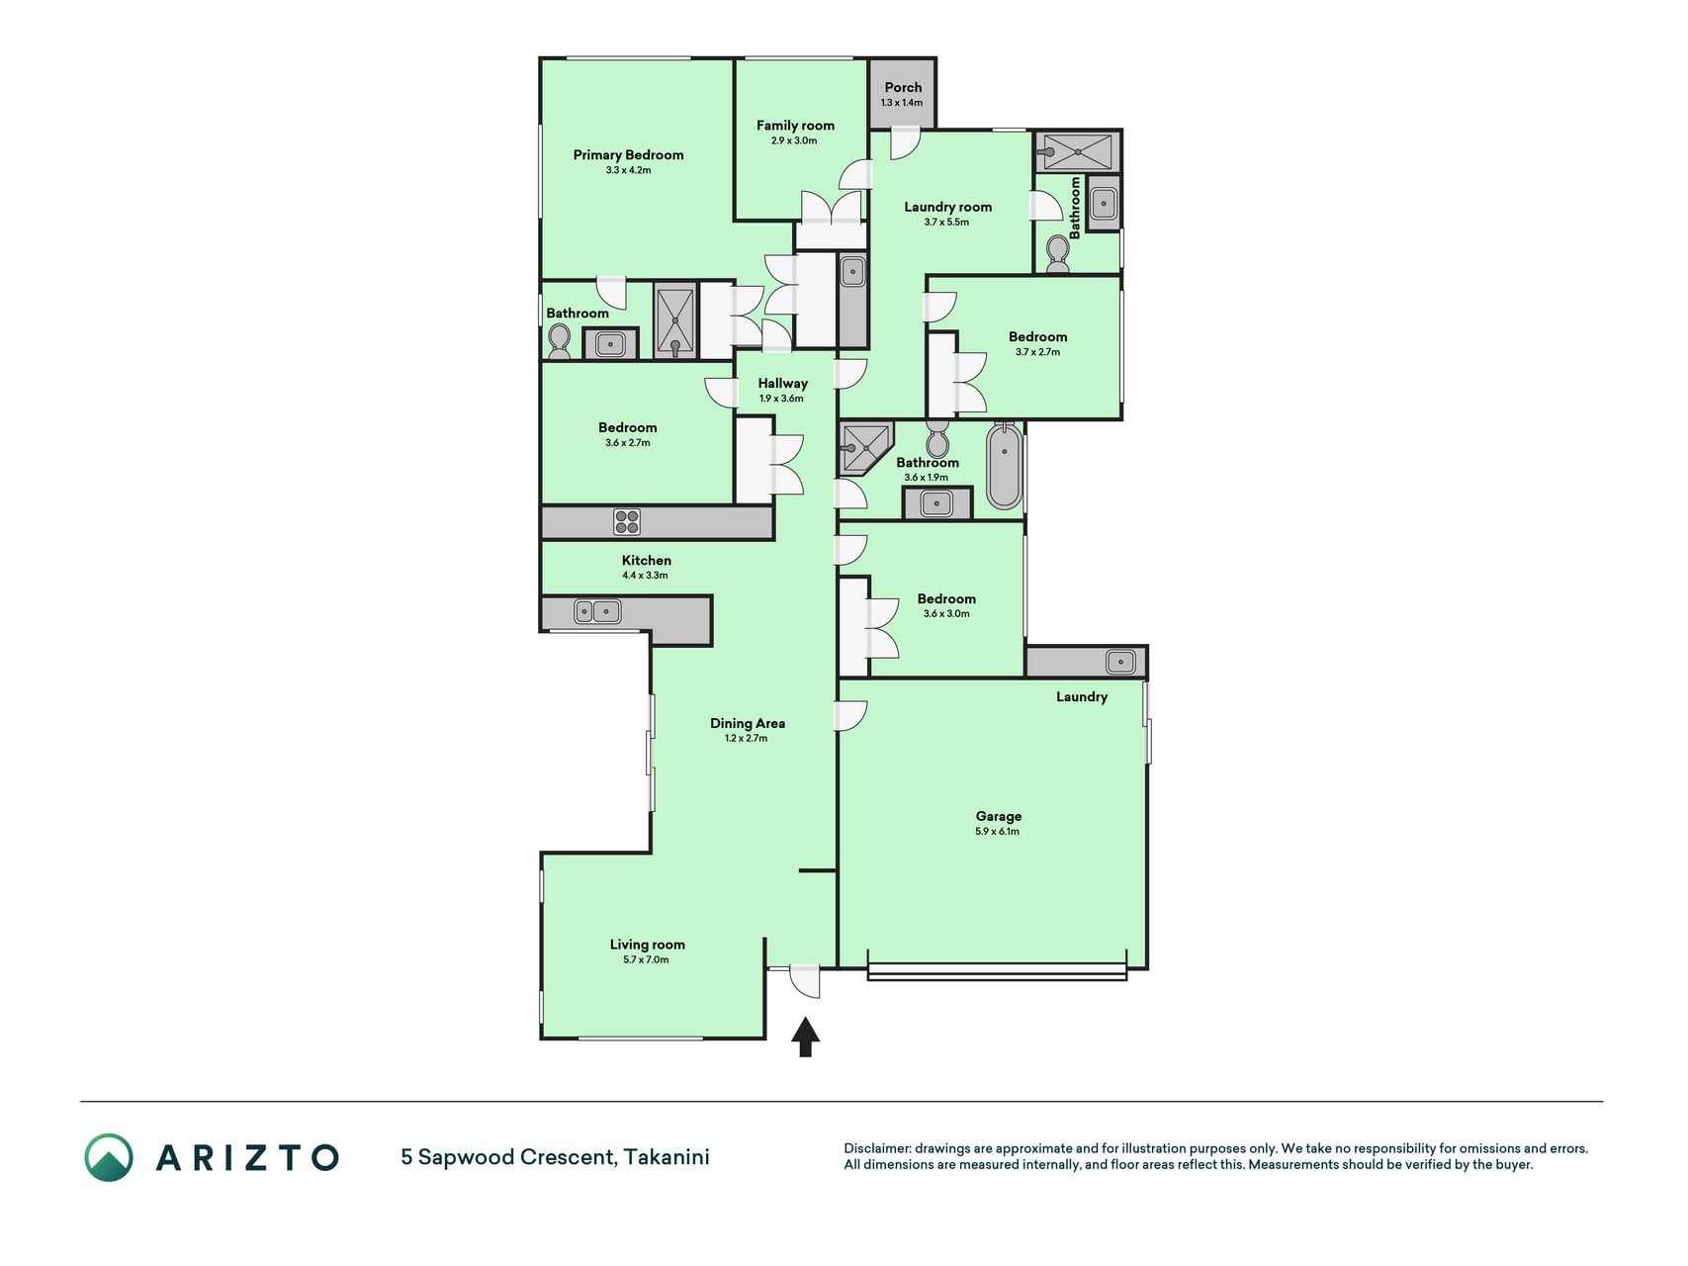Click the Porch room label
[x=903, y=87]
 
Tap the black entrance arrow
[x=806, y=1037]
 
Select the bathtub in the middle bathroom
[x=1004, y=465]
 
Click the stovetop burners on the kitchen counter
[x=627, y=521]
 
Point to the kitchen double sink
[x=598, y=612]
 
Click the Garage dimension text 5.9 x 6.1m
[x=998, y=832]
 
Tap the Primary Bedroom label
[x=628, y=154]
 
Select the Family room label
[x=795, y=126]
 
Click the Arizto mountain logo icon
[x=109, y=1157]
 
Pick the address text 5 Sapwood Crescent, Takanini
[x=555, y=1157]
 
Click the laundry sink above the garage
[x=1120, y=662]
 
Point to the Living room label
[x=647, y=945]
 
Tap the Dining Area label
[x=747, y=723]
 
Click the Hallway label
[x=782, y=383]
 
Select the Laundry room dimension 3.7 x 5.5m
[x=946, y=223]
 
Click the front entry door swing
[x=805, y=981]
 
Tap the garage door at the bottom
[x=997, y=973]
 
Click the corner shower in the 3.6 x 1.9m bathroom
[x=864, y=447]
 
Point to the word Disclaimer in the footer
[x=876, y=1148]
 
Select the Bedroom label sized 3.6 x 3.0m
[x=946, y=598]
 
